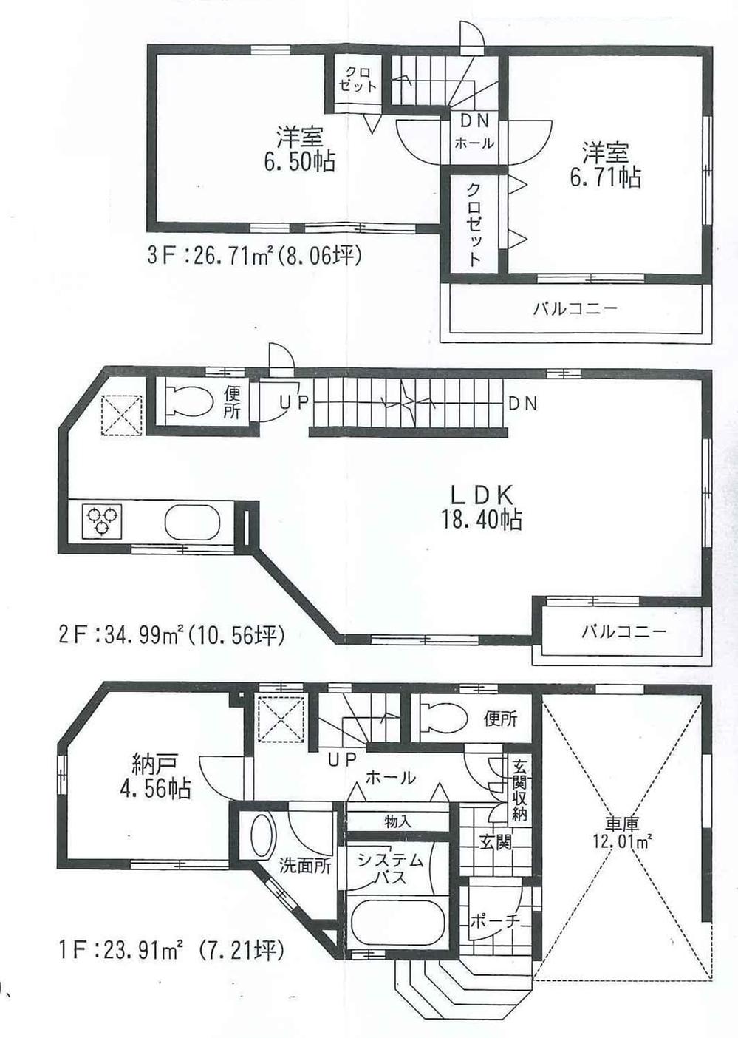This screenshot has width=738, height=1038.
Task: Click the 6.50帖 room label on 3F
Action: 299,149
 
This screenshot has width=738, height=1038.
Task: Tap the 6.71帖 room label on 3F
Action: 604,166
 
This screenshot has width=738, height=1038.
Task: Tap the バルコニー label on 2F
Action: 623,632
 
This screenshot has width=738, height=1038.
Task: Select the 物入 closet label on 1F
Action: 398,821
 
